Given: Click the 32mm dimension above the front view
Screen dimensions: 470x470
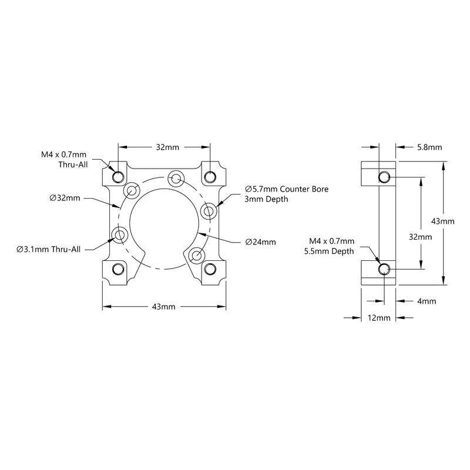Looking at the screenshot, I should (x=164, y=147).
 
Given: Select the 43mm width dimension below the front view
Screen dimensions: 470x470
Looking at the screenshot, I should (x=164, y=307).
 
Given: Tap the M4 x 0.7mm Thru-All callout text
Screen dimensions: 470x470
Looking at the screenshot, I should (x=65, y=160).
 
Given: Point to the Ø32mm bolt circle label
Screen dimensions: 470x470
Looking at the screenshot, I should (x=65, y=198).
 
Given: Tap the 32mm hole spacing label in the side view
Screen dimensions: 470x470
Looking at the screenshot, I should (x=421, y=237).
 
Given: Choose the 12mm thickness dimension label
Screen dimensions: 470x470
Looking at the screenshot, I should (x=379, y=318).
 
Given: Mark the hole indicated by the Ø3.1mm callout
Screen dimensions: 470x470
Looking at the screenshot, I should (x=120, y=236).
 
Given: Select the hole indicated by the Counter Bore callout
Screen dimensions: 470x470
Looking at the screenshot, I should (x=207, y=210).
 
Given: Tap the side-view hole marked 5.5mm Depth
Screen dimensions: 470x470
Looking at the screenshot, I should (x=384, y=269).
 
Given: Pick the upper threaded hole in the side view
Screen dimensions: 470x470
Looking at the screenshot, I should (x=384, y=176).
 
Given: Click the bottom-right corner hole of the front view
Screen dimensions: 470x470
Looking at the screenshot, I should (x=210, y=269).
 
